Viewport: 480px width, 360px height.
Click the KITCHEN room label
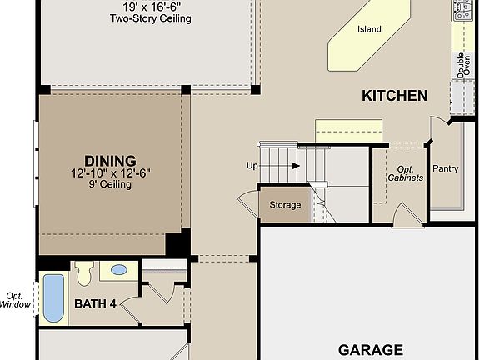[x=394, y=96]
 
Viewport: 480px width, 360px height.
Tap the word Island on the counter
[x=369, y=29]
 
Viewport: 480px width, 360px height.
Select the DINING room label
[x=110, y=161]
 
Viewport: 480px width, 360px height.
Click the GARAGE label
[x=371, y=350]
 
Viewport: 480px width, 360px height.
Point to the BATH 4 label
[x=96, y=303]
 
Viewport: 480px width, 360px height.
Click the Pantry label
[x=446, y=168]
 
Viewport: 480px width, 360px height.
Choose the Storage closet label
[x=284, y=205]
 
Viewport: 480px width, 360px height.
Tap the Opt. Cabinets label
[x=406, y=173]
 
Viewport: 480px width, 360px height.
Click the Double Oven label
[x=460, y=65]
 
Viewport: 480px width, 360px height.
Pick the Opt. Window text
[x=15, y=300]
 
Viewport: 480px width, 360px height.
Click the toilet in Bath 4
[x=84, y=272]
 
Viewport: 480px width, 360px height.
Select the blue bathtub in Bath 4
[x=52, y=297]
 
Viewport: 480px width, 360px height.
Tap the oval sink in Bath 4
[x=119, y=270]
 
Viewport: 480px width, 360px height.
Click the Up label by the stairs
[x=252, y=166]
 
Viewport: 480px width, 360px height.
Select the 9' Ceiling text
[x=110, y=185]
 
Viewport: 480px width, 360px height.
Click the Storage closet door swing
[x=247, y=203]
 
